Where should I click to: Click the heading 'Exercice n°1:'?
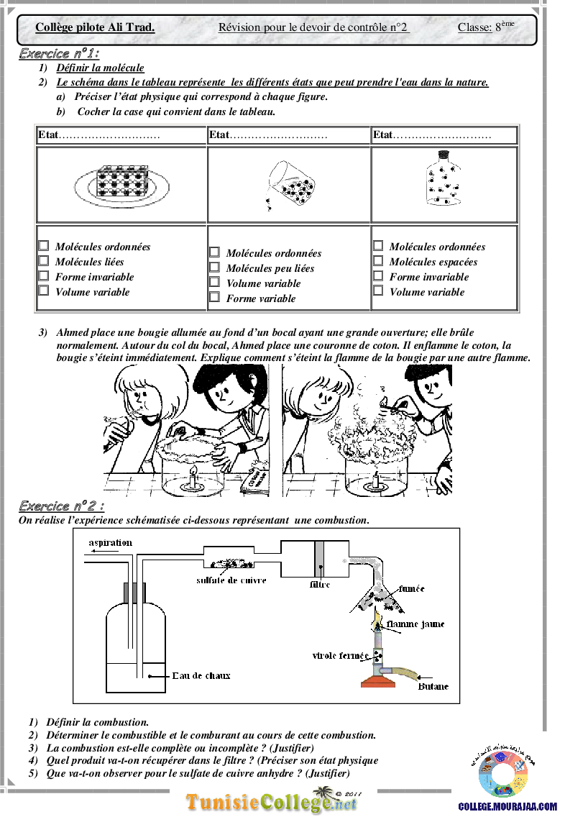[x=59, y=53]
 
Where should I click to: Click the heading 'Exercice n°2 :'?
[x=61, y=506]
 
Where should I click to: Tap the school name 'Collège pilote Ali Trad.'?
[x=95, y=27]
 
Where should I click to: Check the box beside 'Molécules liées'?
[x=44, y=260]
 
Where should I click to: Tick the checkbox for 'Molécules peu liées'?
[x=214, y=267]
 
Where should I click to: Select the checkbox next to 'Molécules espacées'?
[x=378, y=260]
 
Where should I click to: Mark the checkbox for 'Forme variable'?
[x=214, y=297]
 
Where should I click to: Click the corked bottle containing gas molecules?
[x=443, y=178]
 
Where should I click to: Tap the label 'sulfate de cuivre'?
[x=231, y=580]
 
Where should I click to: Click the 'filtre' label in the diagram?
[x=320, y=585]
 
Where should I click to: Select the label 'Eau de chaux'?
[x=201, y=676]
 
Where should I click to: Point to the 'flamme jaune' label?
[x=415, y=624]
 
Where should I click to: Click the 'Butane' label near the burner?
[x=433, y=687]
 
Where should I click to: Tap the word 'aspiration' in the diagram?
[x=111, y=543]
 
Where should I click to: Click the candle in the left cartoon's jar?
[x=193, y=477]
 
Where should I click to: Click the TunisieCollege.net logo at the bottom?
[x=271, y=801]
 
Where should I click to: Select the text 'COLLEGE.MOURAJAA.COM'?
[x=507, y=807]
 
